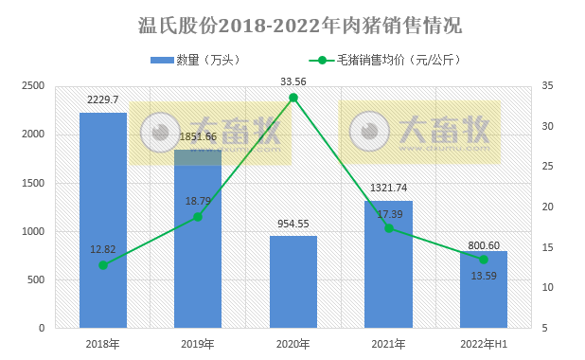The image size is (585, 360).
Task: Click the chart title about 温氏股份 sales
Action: pyautogui.click(x=292, y=24)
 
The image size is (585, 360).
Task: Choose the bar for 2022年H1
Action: pyautogui.click(x=483, y=289)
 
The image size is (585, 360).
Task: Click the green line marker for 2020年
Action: pyautogui.click(x=293, y=98)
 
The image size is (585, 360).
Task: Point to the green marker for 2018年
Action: pyautogui.click(x=103, y=264)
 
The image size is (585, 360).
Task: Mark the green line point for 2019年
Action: pyautogui.click(x=198, y=217)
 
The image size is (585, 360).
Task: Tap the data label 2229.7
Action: pyautogui.click(x=102, y=99)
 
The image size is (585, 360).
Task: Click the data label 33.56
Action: pyautogui.click(x=293, y=81)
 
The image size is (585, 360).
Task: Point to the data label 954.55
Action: pyautogui.click(x=292, y=224)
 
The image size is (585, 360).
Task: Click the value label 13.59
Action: pyautogui.click(x=483, y=276)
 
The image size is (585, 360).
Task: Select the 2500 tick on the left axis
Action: pyautogui.click(x=34, y=86)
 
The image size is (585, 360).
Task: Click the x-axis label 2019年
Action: pyautogui.click(x=197, y=343)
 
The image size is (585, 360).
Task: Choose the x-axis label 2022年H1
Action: pyautogui.click(x=483, y=343)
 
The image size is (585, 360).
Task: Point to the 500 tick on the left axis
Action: pyautogui.click(x=38, y=279)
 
